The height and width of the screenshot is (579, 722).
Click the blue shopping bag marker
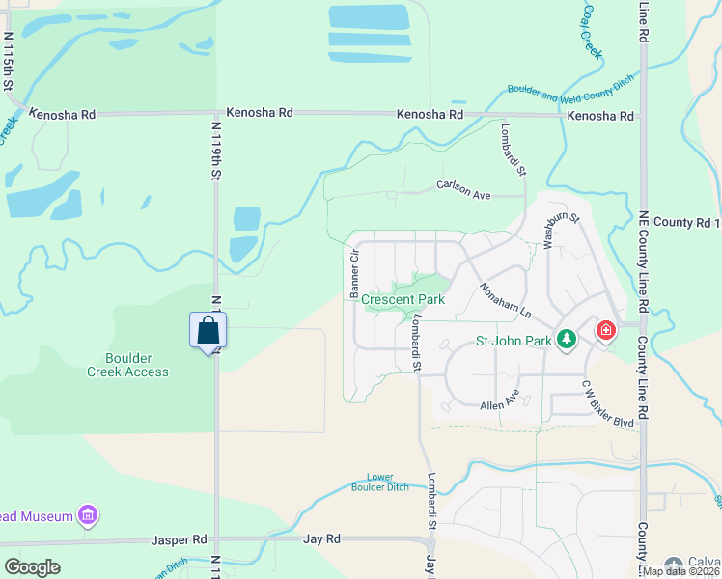(x=208, y=331)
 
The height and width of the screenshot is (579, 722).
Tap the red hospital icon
(x=605, y=331)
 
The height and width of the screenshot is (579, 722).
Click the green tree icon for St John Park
(x=566, y=340)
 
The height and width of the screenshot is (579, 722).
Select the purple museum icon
(x=88, y=516)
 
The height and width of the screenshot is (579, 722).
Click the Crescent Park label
(x=403, y=300)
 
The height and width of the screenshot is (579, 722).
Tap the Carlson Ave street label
(x=463, y=189)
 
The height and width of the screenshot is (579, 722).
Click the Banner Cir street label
(x=354, y=273)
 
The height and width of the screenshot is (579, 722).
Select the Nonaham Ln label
(x=506, y=300)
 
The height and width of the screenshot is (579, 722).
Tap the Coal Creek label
(x=590, y=29)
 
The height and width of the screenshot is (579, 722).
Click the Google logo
(x=32, y=566)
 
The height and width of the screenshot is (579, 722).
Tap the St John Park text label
(x=514, y=341)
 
